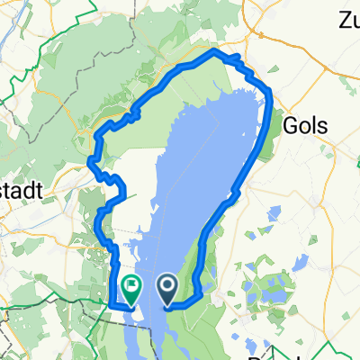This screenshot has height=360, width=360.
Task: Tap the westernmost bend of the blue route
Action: (90, 162)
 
